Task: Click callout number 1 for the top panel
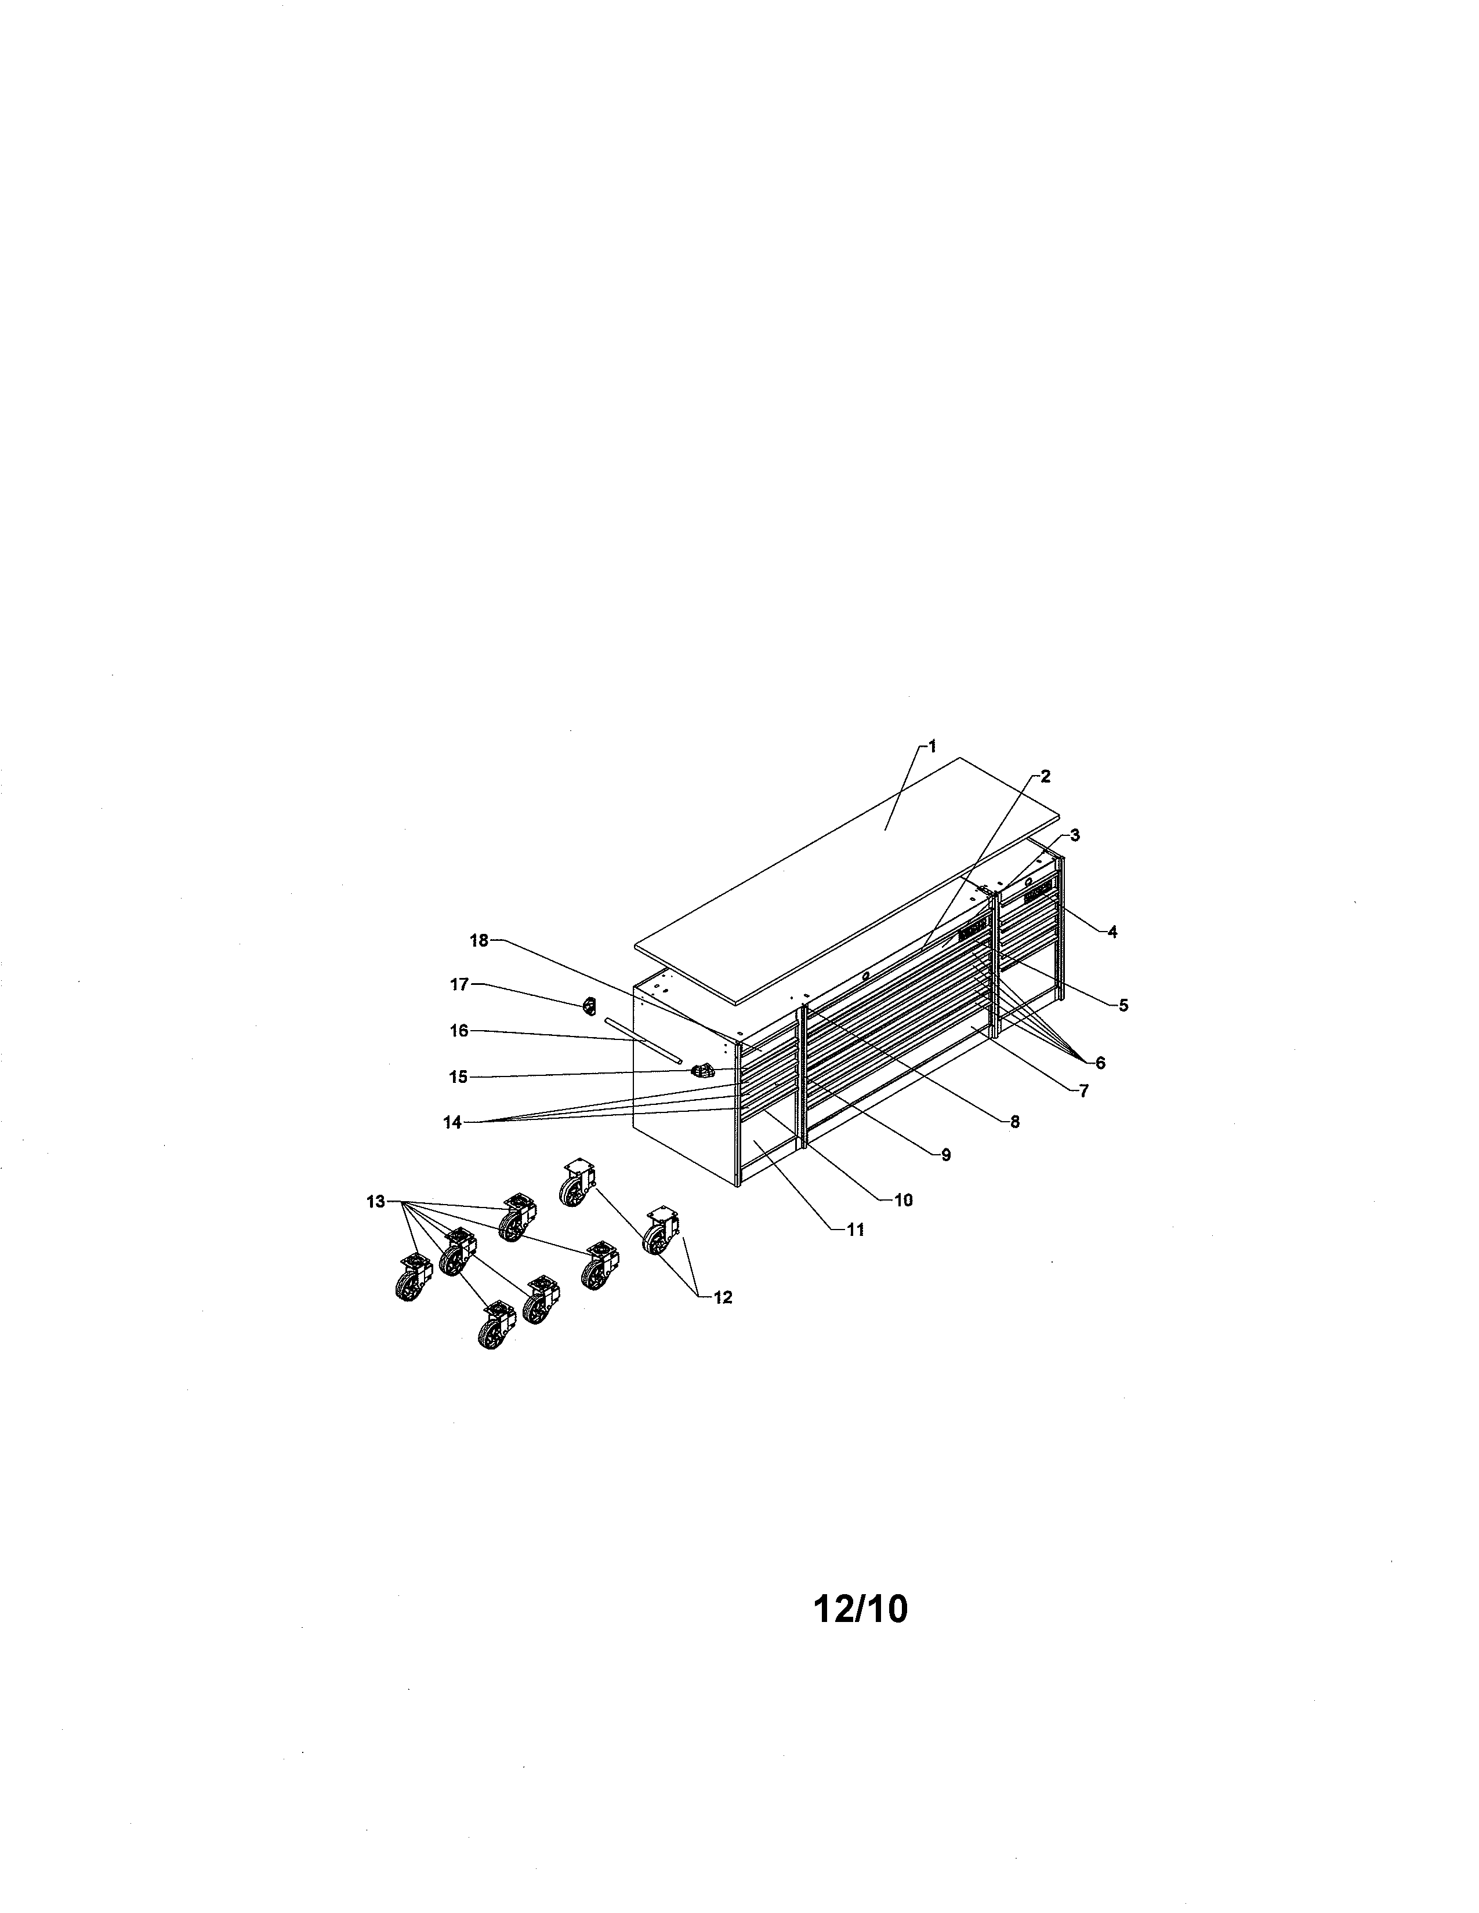[x=932, y=746]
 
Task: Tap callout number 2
[x=1045, y=776]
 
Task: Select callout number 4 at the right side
[x=1113, y=932]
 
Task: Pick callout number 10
[x=903, y=1200]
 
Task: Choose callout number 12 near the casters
[x=723, y=1298]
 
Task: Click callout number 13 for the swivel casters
[x=376, y=1202]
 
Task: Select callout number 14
[x=452, y=1123]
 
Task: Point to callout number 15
[x=458, y=1078]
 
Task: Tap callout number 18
[x=479, y=941]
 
